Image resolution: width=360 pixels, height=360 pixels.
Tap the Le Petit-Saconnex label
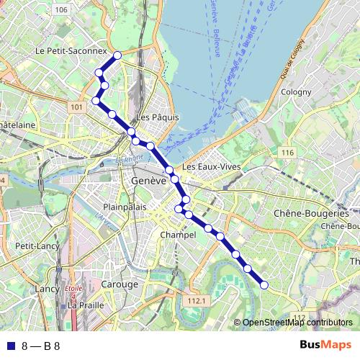point(71,52)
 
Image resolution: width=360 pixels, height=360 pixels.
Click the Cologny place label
point(296,92)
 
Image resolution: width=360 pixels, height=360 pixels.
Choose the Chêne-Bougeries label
point(311,214)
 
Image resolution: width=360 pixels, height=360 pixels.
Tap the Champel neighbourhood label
point(179,235)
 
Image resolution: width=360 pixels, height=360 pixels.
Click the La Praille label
point(86,305)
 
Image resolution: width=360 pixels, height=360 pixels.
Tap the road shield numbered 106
point(61,9)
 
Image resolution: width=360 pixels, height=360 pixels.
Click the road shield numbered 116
point(288,153)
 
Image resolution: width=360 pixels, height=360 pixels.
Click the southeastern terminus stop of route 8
point(264,285)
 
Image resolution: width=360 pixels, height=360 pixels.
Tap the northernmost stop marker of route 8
point(117,55)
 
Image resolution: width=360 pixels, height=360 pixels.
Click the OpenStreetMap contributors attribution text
point(297,323)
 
